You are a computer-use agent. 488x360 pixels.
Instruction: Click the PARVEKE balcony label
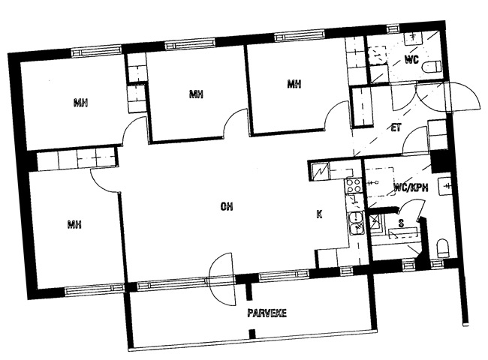pyautogui.click(x=267, y=313)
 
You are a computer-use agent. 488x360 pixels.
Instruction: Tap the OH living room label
pyautogui.click(x=227, y=206)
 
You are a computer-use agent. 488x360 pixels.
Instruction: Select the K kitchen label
pyautogui.click(x=319, y=214)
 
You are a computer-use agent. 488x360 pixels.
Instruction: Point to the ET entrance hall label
pyautogui.click(x=396, y=127)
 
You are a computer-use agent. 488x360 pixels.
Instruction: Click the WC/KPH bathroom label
pyautogui.click(x=411, y=187)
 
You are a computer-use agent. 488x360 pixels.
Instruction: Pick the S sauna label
pyautogui.click(x=402, y=223)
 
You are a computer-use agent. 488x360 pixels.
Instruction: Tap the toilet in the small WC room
pyautogui.click(x=432, y=67)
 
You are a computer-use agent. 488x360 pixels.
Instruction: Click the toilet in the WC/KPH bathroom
pyautogui.click(x=443, y=247)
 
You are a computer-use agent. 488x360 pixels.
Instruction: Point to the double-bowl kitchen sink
pyautogui.click(x=356, y=223)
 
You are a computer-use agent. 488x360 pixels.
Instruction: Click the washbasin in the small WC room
pyautogui.click(x=414, y=37)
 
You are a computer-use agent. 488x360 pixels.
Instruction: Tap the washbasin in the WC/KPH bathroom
pyautogui.click(x=445, y=186)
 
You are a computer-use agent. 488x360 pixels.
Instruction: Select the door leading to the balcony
pyautogui.click(x=221, y=279)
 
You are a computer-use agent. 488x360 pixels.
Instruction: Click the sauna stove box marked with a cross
pyautogui.click(x=376, y=222)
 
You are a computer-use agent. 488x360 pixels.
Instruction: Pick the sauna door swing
pyautogui.click(x=411, y=209)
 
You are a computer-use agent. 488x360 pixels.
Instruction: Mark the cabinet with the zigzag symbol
pyautogui.click(x=320, y=171)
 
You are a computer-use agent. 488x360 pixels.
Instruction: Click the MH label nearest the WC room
pyautogui.click(x=294, y=84)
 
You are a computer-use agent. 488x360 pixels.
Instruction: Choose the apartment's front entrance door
pyautogui.click(x=462, y=96)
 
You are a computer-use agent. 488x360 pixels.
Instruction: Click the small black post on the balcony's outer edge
pyautogui.click(x=252, y=334)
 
